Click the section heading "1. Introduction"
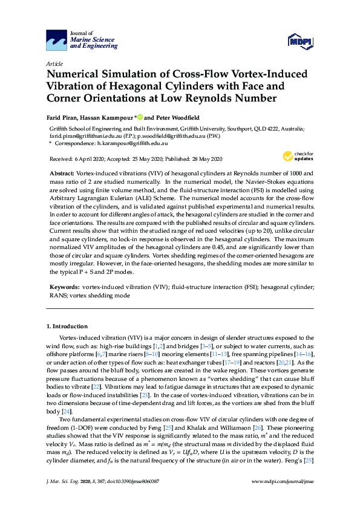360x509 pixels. (x=67, y=326)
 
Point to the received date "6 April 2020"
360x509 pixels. (x=87, y=159)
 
